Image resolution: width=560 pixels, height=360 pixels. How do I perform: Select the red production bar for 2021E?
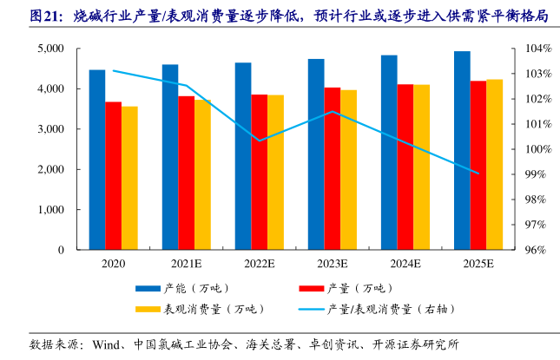(x=186, y=173)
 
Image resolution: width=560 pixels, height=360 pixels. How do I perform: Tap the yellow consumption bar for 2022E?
(x=275, y=173)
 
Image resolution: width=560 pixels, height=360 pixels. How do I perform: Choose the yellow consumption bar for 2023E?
(x=348, y=170)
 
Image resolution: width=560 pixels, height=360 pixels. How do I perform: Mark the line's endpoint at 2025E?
(x=478, y=173)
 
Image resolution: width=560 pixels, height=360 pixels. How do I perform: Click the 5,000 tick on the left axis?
(x=49, y=49)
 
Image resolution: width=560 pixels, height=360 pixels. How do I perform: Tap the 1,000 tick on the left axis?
(x=49, y=210)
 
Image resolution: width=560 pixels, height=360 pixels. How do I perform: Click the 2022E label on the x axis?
(x=259, y=263)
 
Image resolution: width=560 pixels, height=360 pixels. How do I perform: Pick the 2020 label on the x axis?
(x=113, y=263)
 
